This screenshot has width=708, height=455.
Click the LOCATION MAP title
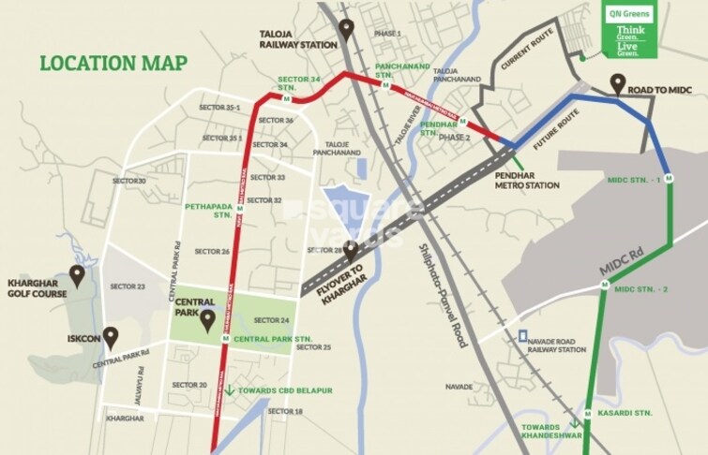(113, 64)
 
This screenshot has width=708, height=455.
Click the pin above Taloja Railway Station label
(346, 31)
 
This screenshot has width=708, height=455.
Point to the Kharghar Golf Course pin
(78, 275)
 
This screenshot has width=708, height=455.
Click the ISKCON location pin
(111, 335)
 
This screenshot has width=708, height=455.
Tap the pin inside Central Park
(208, 320)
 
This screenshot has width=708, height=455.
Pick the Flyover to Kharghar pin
(351, 251)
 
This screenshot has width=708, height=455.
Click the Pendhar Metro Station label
(528, 180)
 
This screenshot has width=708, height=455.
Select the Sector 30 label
(129, 181)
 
